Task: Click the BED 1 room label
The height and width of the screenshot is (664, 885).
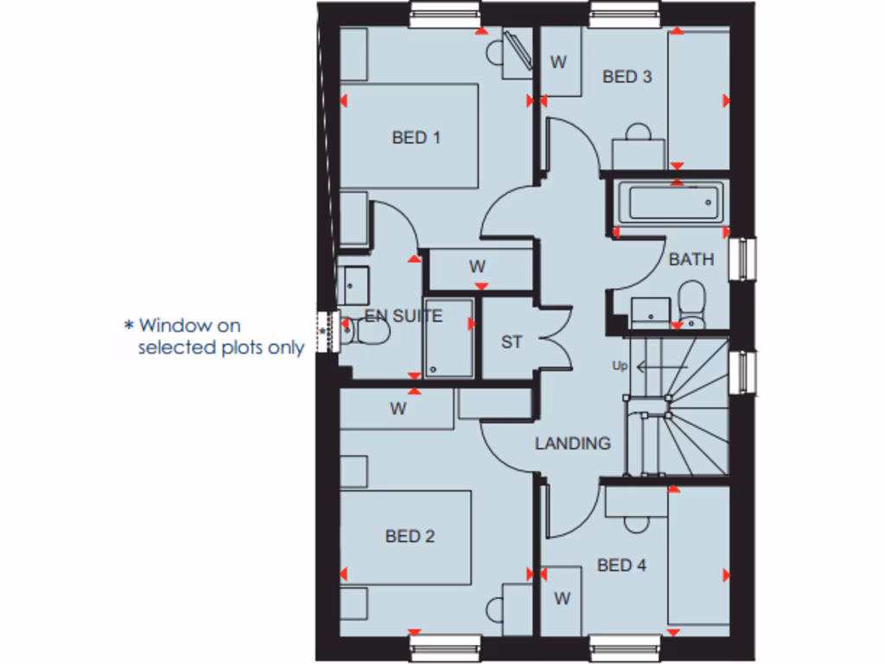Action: pos(416,137)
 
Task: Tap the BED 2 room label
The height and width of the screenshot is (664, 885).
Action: pos(410,537)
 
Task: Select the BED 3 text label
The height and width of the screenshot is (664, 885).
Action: pos(627,77)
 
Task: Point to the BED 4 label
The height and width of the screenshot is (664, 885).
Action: pos(621,565)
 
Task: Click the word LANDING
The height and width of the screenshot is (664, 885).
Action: pos(572,444)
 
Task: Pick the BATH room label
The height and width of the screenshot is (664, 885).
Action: pos(691,259)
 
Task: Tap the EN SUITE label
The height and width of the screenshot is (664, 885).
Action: pos(404,316)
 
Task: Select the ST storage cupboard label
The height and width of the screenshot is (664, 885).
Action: pos(512,342)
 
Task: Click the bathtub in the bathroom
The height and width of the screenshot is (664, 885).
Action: pos(671,204)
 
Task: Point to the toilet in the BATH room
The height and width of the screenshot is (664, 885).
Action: pos(691,303)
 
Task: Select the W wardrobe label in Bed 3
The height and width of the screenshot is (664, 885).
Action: pos(559,62)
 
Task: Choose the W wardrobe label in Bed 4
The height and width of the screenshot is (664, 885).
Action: pos(563,598)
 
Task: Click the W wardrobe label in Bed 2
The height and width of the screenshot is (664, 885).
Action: pos(398,409)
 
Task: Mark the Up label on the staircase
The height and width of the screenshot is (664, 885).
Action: pos(620,366)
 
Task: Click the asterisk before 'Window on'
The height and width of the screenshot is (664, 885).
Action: pos(129,326)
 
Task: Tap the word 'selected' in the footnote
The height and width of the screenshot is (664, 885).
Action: pos(171,348)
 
